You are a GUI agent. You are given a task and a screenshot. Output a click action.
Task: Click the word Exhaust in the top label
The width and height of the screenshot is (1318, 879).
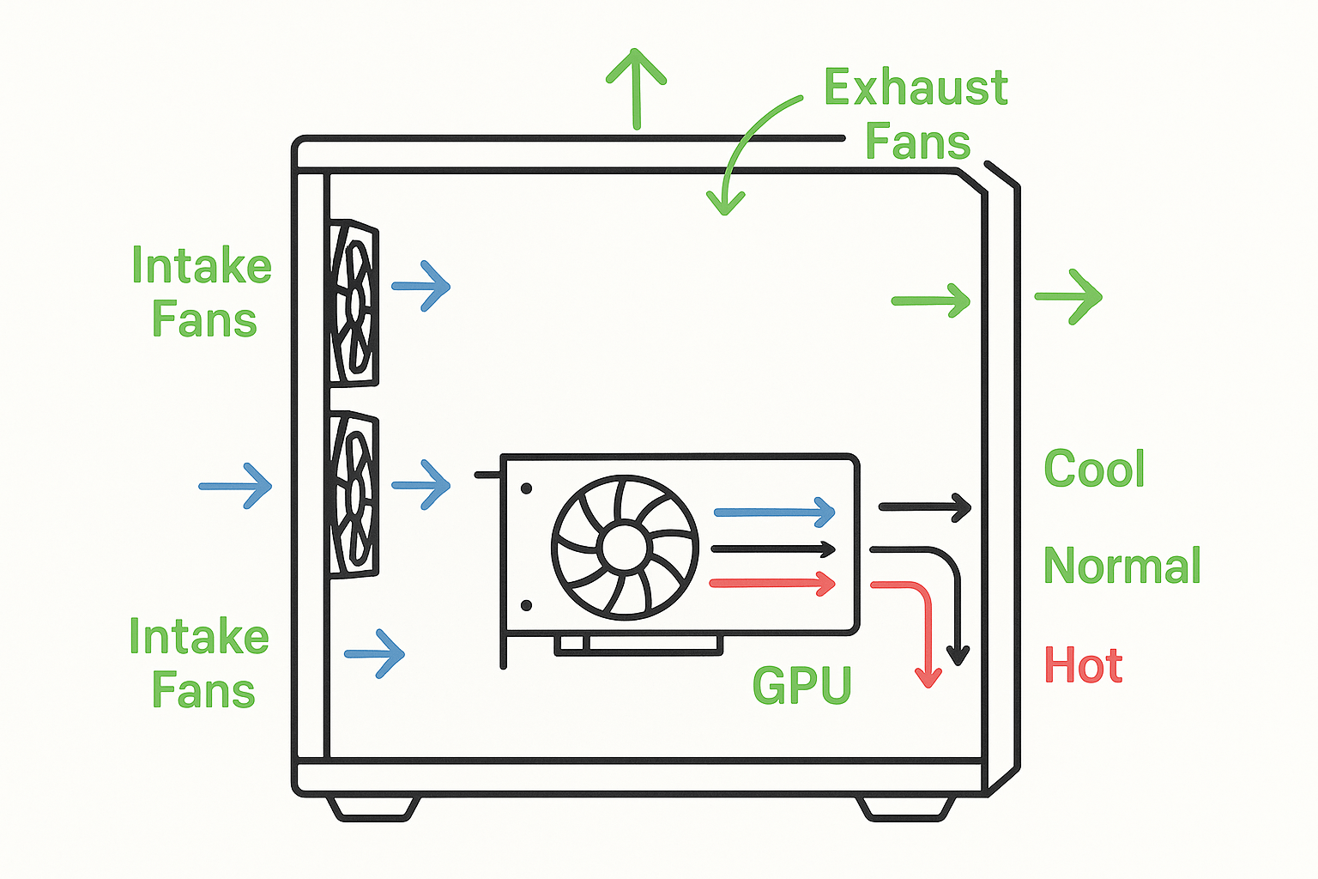click(915, 88)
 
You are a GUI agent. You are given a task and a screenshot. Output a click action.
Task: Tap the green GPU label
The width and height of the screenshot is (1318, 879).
click(801, 685)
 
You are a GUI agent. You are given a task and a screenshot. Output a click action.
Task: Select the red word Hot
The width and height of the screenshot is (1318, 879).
click(1083, 666)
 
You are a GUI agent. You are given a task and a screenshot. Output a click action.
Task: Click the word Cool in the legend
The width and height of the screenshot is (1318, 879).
click(1094, 469)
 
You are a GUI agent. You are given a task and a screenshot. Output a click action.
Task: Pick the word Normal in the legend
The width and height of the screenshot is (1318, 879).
click(1122, 566)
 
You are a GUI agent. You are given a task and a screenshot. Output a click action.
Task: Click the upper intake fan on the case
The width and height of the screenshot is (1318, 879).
click(354, 302)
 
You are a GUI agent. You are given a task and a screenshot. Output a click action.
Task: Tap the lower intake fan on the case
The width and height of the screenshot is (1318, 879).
click(354, 494)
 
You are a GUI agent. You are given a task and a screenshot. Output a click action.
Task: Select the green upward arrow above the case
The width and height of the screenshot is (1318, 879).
click(636, 86)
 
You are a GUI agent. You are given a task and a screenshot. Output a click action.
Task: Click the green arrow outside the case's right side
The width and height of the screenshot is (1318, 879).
click(1068, 297)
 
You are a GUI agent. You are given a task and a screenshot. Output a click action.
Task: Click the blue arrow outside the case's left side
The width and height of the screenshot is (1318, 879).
click(235, 486)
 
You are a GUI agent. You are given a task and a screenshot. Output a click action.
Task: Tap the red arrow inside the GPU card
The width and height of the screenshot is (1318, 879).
click(772, 584)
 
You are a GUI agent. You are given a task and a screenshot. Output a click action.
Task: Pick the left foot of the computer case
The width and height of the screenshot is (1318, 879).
click(373, 808)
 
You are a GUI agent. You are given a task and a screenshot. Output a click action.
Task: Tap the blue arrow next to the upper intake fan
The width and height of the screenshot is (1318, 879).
click(420, 286)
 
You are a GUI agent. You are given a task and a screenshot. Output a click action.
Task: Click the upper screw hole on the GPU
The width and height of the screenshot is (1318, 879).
click(526, 488)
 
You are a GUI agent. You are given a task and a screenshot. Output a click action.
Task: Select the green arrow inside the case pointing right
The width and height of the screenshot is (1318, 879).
click(931, 300)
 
